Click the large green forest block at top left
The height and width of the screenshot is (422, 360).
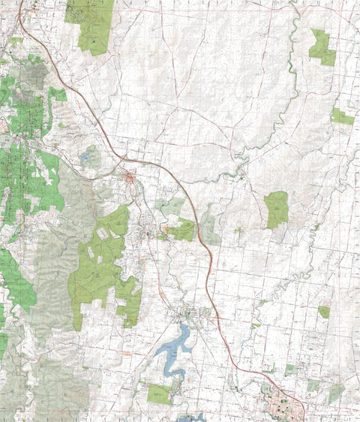(91, 25)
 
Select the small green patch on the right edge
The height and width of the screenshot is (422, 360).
(341, 117)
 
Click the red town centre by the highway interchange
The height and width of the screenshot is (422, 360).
(130, 178)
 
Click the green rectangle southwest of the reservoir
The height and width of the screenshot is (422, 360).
(159, 393)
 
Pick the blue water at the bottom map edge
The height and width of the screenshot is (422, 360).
(192, 417)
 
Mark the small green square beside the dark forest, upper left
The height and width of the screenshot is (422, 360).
(58, 95)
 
